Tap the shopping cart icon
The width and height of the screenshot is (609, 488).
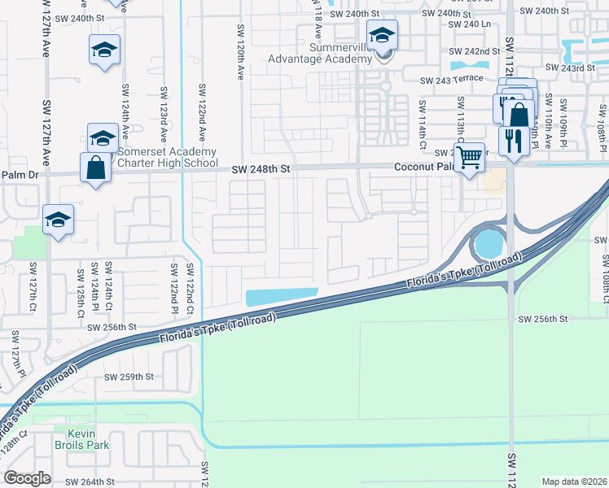coord(470,157)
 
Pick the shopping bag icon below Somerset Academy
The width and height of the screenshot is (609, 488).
coord(95,168)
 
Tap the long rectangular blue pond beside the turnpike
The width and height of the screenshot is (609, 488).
coord(281,298)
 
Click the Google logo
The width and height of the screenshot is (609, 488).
coord(27,478)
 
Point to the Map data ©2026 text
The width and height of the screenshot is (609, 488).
coord(574,481)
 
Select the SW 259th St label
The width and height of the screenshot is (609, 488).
coord(129,377)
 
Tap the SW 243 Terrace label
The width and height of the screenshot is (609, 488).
coord(451,80)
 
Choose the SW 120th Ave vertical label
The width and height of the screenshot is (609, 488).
coord(241,50)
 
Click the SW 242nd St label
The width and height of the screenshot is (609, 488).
coord(475,50)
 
